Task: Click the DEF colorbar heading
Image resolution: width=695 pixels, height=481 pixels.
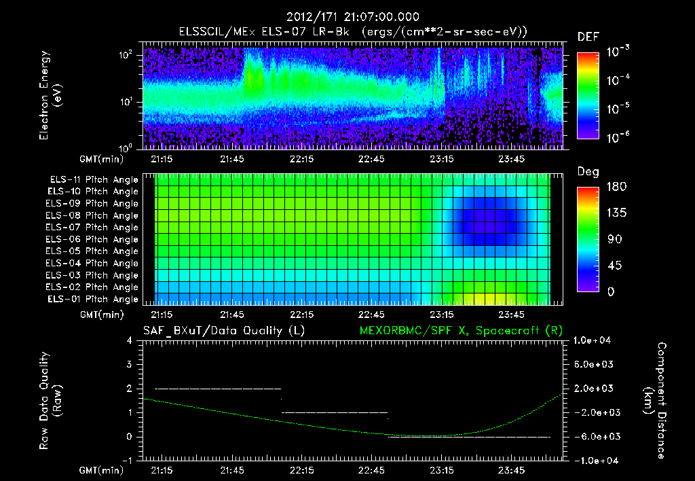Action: pos(588,37)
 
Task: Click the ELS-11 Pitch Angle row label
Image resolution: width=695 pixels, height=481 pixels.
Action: pos(94,180)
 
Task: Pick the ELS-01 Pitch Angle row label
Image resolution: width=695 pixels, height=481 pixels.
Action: pos(94,300)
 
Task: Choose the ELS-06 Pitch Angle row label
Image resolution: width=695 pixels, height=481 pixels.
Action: pos(94,240)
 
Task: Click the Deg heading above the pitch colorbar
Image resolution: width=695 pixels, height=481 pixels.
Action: pos(588,172)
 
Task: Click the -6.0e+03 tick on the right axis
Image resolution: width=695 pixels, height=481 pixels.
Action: pos(595,436)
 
